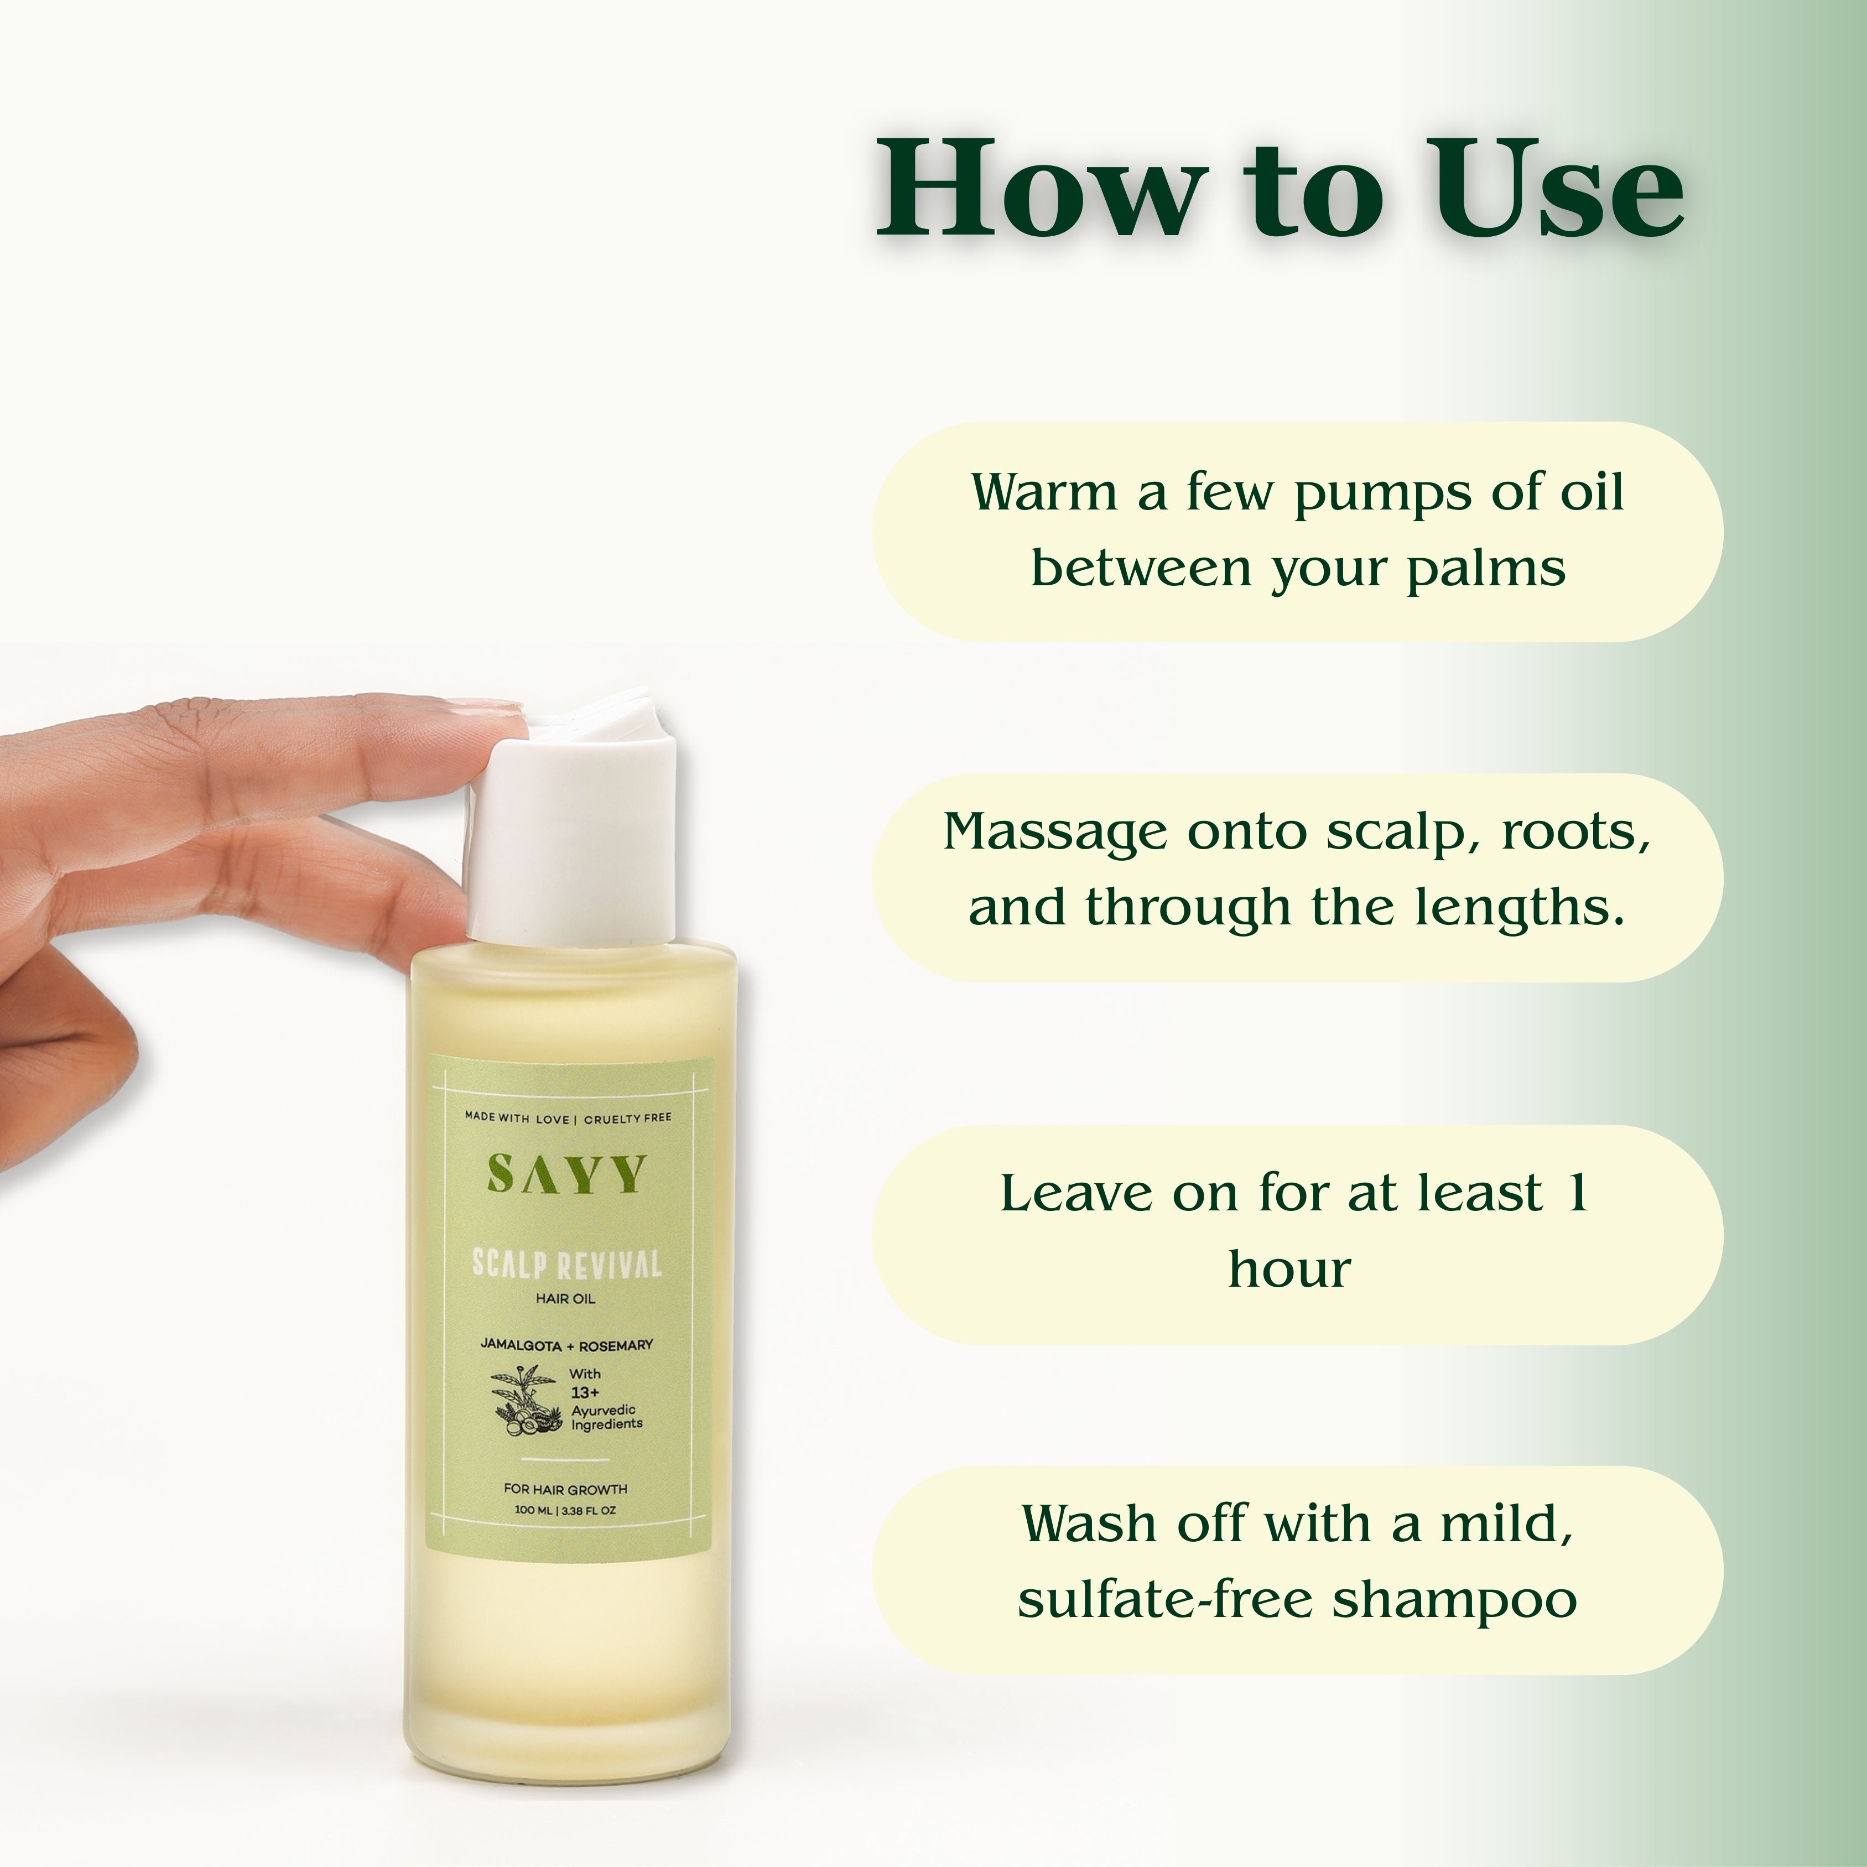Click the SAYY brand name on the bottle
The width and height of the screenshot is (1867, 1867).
(565, 1175)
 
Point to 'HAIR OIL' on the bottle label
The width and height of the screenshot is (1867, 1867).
(565, 1299)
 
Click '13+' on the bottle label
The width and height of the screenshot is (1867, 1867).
(585, 1392)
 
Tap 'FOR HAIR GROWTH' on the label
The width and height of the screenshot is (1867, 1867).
(565, 1489)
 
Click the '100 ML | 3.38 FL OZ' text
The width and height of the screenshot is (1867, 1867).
(565, 1510)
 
